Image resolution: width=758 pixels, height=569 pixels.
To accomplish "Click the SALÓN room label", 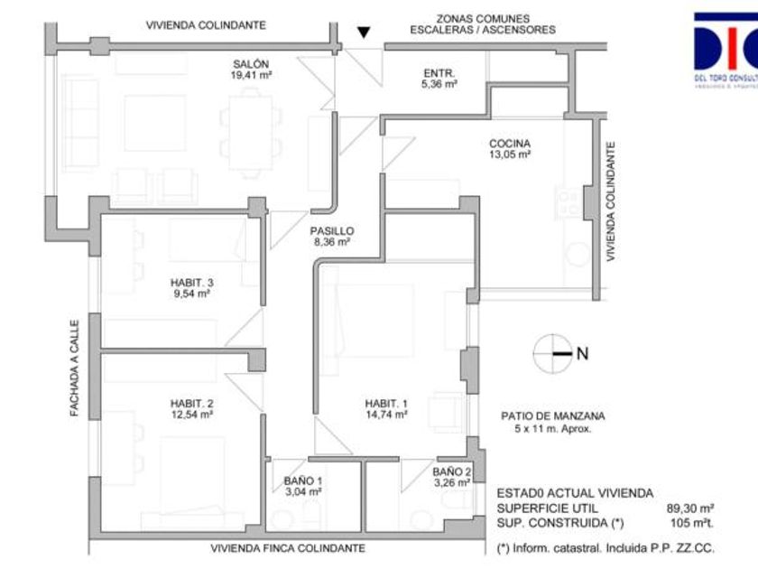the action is (x=251, y=64).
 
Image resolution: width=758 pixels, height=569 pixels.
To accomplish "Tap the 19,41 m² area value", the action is (x=251, y=76).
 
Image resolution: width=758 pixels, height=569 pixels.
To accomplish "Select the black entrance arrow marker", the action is (x=363, y=33).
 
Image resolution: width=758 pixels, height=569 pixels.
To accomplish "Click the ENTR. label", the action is (x=439, y=72).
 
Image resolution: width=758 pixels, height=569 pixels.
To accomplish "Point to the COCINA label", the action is (x=509, y=143).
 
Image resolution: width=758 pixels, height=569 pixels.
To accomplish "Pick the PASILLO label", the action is (x=331, y=230).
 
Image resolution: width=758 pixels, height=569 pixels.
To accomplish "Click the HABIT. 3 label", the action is (x=191, y=282).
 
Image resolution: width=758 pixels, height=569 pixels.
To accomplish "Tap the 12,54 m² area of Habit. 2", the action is (x=191, y=415).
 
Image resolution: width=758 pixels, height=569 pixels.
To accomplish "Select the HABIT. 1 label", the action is (x=386, y=403).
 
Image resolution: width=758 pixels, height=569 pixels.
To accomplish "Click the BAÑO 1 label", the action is (x=302, y=481).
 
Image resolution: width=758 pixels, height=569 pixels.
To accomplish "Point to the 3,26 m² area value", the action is (x=452, y=483).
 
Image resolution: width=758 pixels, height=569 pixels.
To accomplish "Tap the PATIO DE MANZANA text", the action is (x=553, y=416).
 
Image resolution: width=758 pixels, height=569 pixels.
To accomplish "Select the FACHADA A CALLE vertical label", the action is (x=77, y=368).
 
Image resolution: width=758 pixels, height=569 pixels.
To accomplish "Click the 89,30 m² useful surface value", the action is (x=690, y=508).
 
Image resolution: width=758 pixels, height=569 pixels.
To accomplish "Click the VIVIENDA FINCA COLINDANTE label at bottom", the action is (x=288, y=548).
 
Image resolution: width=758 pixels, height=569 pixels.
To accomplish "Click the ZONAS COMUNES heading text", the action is (x=483, y=18).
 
